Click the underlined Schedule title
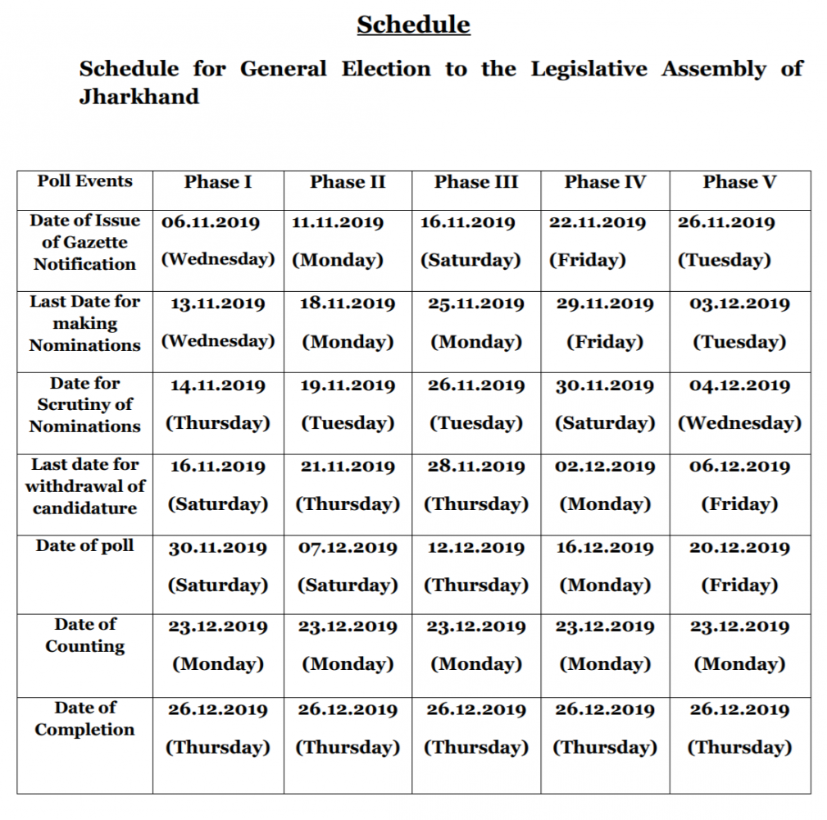pos(413,25)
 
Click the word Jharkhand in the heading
pos(139,97)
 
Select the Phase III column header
pos(475,182)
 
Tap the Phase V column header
pos(739,182)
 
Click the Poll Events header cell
pos(84,181)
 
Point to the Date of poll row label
pos(84,546)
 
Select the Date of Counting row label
pos(84,635)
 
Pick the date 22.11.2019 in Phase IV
pos(597,222)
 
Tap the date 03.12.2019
pos(739,303)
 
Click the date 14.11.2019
pos(218,385)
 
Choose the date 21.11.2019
pos(348,466)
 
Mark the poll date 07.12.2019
pos(348,548)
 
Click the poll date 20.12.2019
pos(739,548)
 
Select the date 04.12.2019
pos(739,385)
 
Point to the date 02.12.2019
pos(605,466)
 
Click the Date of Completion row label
pos(84,718)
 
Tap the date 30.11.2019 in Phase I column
pos(218,548)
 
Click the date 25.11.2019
pos(475,303)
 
